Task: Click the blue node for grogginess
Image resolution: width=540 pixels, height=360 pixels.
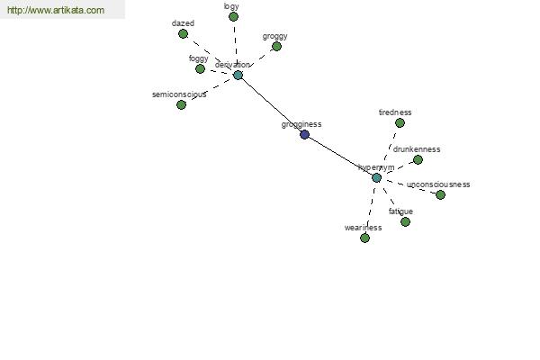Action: click(304, 134)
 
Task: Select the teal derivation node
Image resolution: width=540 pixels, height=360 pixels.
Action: click(238, 75)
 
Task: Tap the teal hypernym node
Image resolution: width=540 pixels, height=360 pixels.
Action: click(376, 178)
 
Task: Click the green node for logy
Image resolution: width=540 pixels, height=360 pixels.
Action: click(233, 16)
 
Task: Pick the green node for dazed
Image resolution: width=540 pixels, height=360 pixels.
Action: click(184, 34)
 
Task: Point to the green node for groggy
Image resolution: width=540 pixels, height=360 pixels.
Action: click(276, 46)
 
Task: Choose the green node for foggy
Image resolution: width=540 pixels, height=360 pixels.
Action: click(200, 69)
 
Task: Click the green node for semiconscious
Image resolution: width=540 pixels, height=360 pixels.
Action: click(181, 104)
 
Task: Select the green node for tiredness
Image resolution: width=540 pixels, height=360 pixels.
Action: click(400, 122)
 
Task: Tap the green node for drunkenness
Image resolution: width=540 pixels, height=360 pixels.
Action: click(418, 159)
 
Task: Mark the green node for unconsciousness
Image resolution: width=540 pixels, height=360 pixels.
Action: click(440, 194)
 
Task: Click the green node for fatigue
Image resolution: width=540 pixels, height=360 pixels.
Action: click(405, 221)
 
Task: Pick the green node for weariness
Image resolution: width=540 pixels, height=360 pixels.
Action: click(364, 238)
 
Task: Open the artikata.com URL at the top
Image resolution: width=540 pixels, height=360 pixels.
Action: click(56, 10)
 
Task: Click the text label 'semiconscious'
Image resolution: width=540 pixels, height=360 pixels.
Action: click(179, 94)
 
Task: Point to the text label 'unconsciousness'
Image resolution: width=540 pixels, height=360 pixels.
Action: click(438, 184)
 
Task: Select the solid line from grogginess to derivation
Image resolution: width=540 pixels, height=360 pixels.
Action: click(272, 104)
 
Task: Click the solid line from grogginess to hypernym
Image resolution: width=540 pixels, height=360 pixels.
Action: click(340, 156)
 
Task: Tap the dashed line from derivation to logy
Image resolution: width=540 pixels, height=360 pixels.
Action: click(236, 46)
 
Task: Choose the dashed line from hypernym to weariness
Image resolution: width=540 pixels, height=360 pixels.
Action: click(371, 208)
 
